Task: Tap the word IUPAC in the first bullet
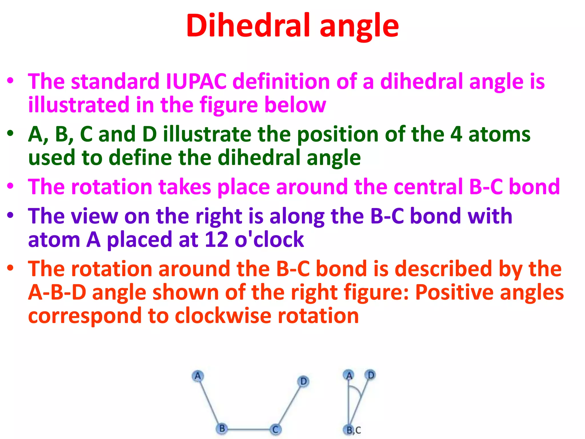[196, 81]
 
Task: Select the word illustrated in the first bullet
[79, 105]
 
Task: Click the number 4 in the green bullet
[456, 134]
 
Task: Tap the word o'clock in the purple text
[269, 240]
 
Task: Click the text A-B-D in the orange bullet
[57, 292]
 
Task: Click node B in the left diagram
[222, 429]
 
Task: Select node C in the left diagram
[275, 429]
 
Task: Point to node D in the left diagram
[303, 381]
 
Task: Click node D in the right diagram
[370, 375]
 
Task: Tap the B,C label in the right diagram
[353, 430]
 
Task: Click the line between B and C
[249, 429]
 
